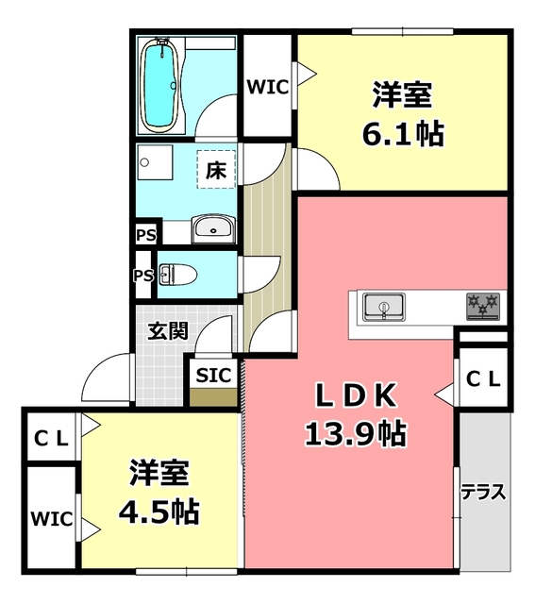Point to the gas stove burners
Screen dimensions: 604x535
click(483, 306)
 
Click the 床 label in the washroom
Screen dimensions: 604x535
click(216, 172)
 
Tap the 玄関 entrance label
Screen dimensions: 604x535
click(167, 330)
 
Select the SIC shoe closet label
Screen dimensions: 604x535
click(212, 374)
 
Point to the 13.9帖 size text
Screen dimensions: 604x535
click(355, 433)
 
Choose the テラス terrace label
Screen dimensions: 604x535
click(483, 492)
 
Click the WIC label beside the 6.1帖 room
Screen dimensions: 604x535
click(268, 87)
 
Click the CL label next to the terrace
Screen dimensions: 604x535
click(484, 378)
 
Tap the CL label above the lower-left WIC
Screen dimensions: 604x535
click(51, 438)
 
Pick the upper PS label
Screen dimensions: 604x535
click(146, 232)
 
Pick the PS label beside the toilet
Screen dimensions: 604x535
click(143, 276)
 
